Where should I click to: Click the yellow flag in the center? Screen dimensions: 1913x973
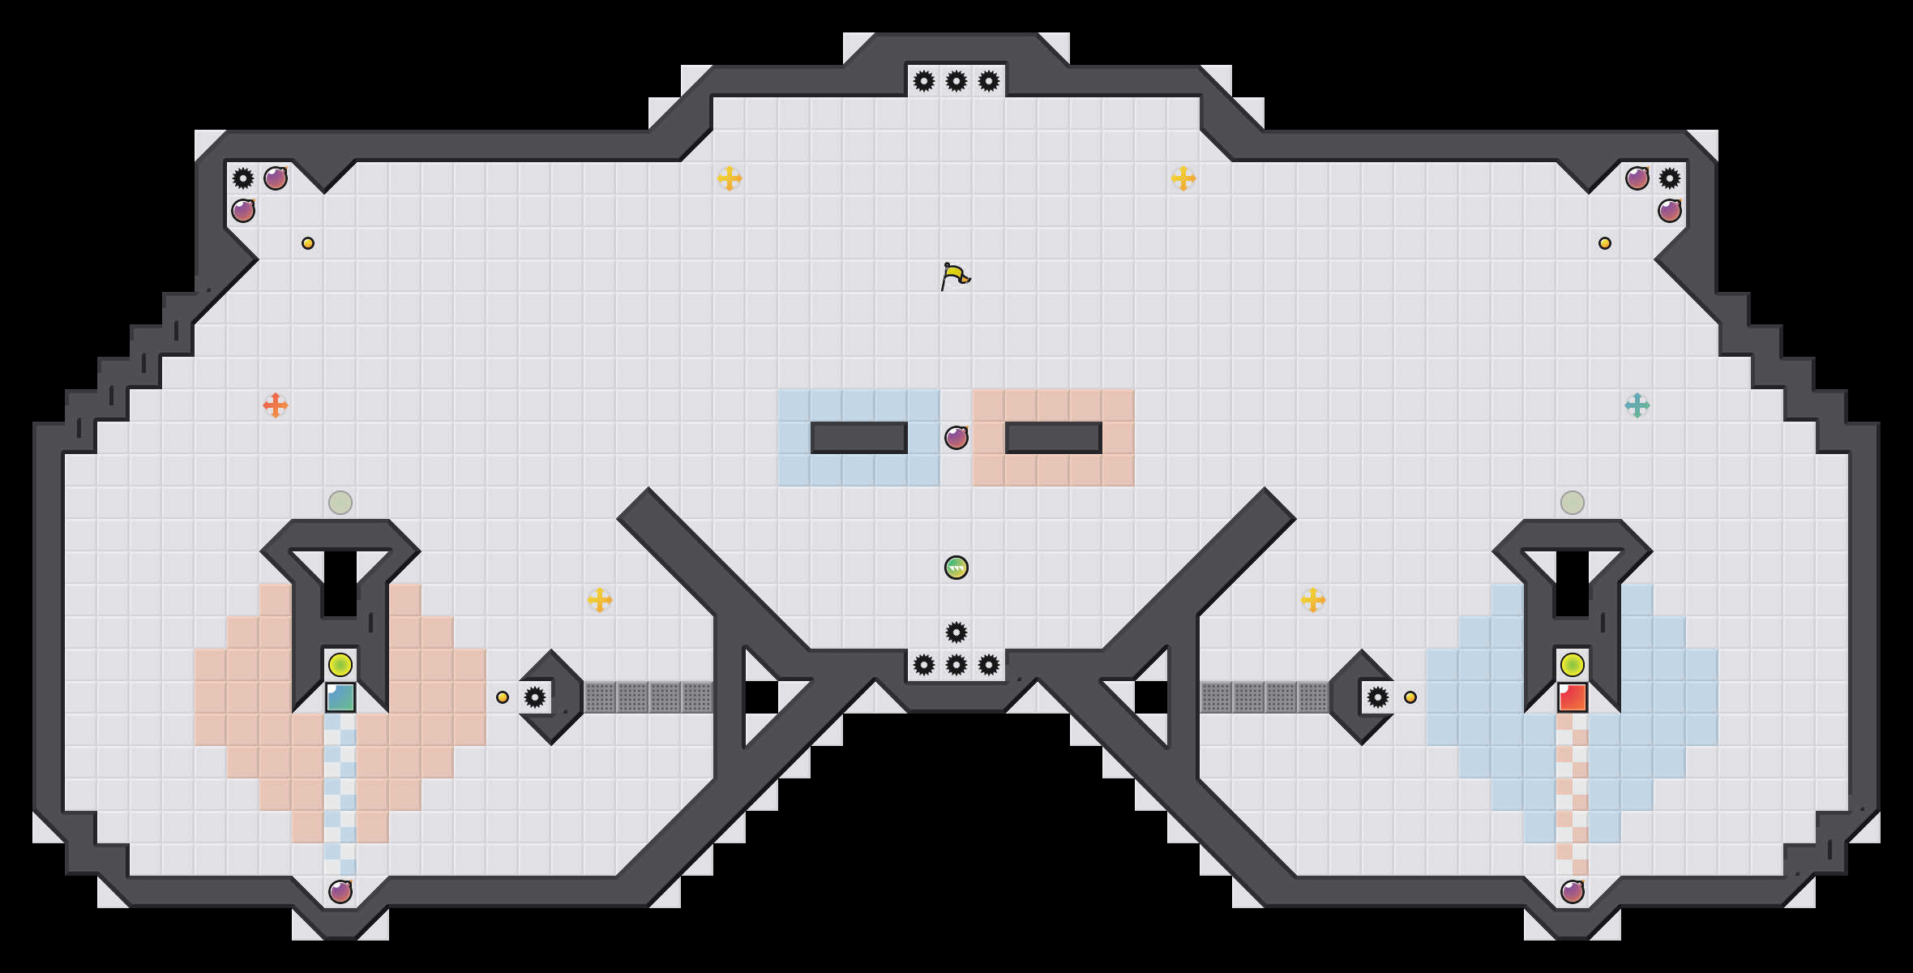coord(955,276)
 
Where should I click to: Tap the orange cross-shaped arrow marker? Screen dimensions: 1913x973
coord(276,405)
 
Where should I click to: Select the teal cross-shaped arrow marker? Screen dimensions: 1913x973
coord(1637,405)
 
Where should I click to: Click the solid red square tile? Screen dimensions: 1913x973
coord(1573,697)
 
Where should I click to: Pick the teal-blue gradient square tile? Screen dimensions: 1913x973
coord(340,697)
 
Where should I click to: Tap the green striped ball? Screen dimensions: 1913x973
coord(956,568)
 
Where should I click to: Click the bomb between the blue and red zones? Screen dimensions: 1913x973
coord(956,438)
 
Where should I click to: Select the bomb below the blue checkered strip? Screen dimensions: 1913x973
coord(340,892)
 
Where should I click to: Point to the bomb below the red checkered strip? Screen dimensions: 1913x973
coord(1573,892)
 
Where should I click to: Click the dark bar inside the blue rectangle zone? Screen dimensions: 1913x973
coord(859,438)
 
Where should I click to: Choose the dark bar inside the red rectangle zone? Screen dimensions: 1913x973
coord(1054,438)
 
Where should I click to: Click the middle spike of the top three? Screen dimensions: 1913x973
coord(956,81)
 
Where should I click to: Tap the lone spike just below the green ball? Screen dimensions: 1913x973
coord(956,632)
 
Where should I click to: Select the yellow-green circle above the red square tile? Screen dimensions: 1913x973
coord(1573,665)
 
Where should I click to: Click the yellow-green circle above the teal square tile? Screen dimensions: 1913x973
coord(340,665)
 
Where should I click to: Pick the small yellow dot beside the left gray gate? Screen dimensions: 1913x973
coord(503,697)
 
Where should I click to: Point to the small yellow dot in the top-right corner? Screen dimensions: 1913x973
coord(1605,243)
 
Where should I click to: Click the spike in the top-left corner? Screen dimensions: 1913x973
coord(243,178)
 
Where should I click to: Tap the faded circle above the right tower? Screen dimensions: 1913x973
coord(1573,503)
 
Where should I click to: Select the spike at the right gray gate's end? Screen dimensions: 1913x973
coord(1378,697)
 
